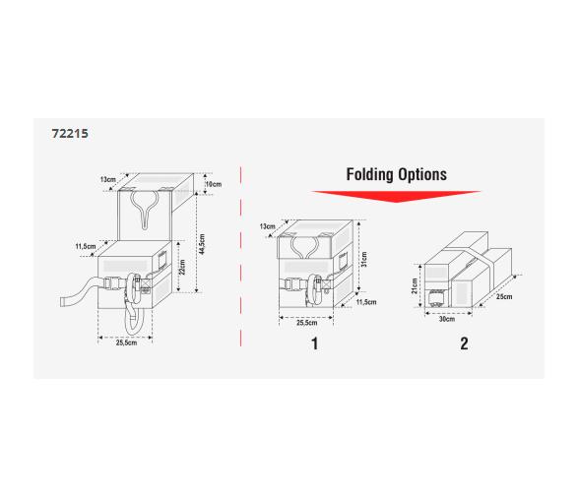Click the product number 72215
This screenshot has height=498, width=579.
[x=70, y=133]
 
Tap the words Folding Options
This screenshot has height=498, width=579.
[x=396, y=174]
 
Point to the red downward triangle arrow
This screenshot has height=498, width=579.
[x=396, y=197]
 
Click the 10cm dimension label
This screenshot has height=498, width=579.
[x=214, y=184]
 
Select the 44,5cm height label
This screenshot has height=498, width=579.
[x=202, y=244]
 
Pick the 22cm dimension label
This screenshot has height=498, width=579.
[x=182, y=268]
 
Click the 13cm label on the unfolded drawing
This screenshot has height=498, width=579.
[x=108, y=179]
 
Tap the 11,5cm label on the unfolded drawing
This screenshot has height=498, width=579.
[x=86, y=246]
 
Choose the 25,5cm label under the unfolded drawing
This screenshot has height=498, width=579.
[x=126, y=342]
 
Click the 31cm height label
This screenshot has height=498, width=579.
[x=364, y=259]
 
